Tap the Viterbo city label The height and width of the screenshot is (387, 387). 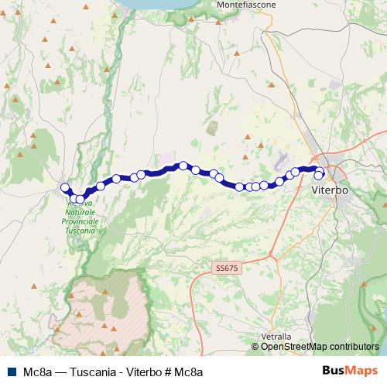click(x=330, y=190)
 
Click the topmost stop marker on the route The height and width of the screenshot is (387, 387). click(x=183, y=165)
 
